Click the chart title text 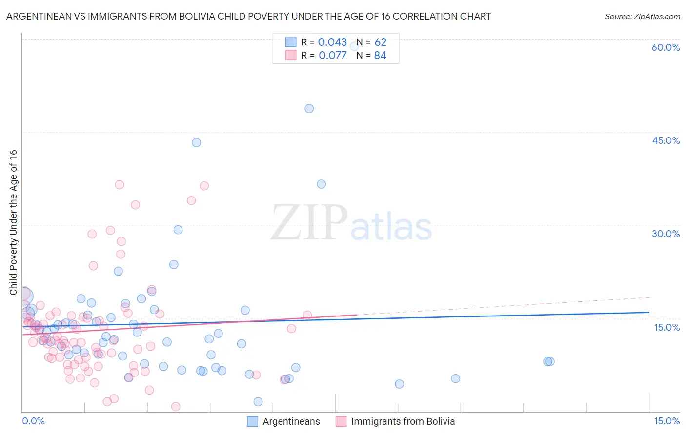click(x=248, y=16)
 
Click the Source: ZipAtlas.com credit click(x=642, y=16)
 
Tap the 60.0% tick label click(x=666, y=47)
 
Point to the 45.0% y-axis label click(x=666, y=140)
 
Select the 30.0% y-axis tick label click(x=666, y=234)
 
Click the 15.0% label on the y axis click(x=666, y=327)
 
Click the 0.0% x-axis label click(x=33, y=421)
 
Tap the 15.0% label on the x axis click(x=666, y=421)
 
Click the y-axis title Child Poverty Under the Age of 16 click(x=13, y=222)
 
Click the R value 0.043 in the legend click(x=332, y=42)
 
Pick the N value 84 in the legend click(x=380, y=56)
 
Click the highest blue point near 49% click(x=309, y=109)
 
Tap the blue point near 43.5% click(x=196, y=143)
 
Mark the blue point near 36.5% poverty click(x=321, y=184)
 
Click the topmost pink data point click(x=120, y=185)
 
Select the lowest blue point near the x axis click(x=258, y=402)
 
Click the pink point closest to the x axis click(x=176, y=407)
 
